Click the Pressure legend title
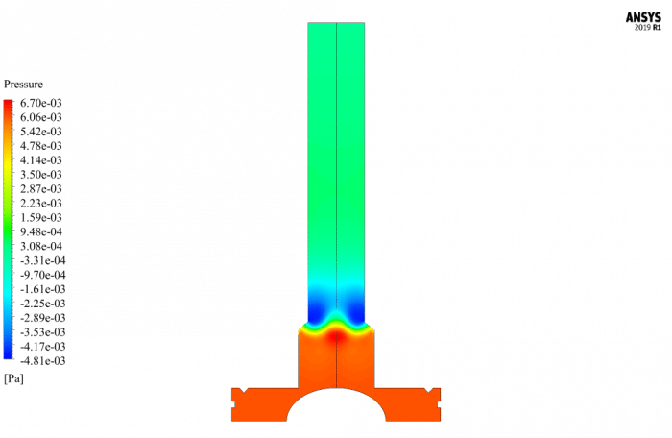click(23, 85)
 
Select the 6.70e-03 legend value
click(41, 103)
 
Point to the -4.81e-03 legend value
click(42, 360)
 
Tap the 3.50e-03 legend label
click(41, 174)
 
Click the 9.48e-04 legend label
click(41, 231)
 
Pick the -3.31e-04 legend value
click(42, 260)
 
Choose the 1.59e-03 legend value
click(41, 217)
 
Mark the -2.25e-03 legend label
click(42, 303)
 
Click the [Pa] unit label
click(13, 378)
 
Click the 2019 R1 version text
click(649, 29)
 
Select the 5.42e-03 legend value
click(41, 132)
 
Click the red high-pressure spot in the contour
click(336, 336)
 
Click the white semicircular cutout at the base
click(336, 407)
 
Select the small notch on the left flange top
click(247, 389)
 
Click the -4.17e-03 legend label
click(42, 346)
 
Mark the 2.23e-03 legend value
click(41, 203)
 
